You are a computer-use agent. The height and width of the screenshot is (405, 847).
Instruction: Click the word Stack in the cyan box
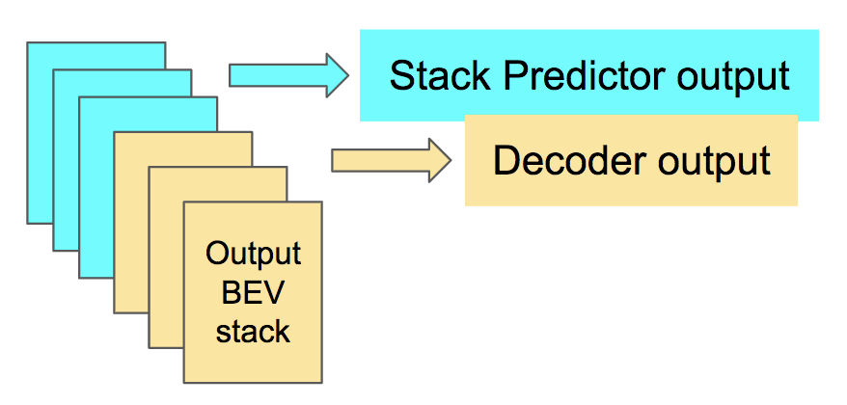coord(440,75)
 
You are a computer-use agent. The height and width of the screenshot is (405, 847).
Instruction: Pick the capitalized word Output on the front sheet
coord(253,254)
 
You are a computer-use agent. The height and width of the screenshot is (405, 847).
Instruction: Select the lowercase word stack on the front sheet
coord(253,331)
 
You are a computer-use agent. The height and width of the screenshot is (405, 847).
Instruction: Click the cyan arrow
coord(288,75)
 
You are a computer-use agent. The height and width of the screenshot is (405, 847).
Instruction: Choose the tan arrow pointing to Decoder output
coord(391,160)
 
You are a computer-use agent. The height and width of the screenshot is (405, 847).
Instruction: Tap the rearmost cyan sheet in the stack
coord(41,132)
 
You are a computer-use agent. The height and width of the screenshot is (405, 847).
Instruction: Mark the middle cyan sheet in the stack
coord(66,162)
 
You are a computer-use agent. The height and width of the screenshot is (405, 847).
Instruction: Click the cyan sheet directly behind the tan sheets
coord(96,189)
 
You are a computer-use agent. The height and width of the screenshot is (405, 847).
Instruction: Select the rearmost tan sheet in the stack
coord(129,222)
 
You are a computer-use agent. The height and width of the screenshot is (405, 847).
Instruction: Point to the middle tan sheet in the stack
coord(165,256)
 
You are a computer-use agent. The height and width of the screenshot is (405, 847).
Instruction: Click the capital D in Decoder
coord(506,160)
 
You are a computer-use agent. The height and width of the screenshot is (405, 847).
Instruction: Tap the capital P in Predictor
coord(517,75)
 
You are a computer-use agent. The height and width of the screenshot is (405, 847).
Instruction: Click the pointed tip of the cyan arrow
coord(348,75)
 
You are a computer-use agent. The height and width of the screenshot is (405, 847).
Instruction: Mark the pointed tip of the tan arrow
coord(451,160)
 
